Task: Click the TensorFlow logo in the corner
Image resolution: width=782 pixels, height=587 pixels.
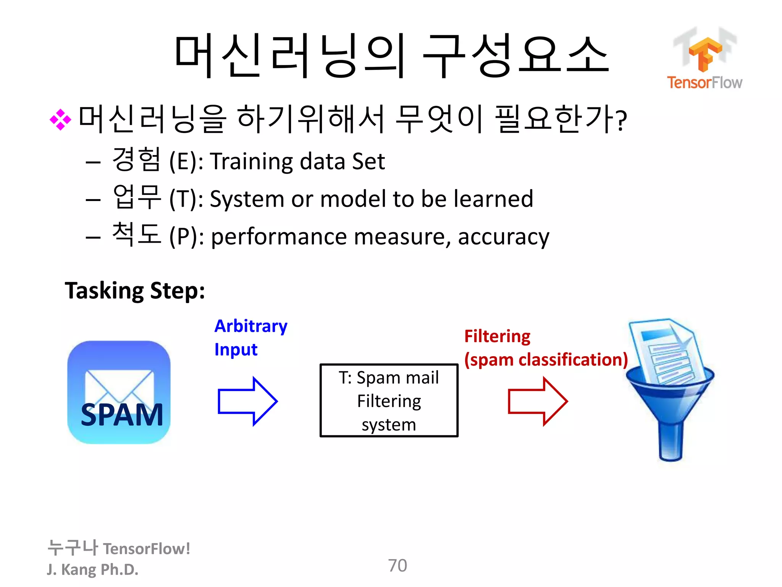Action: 704,57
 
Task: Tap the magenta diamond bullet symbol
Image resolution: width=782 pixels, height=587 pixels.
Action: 60,120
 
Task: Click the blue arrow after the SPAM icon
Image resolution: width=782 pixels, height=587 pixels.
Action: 247,401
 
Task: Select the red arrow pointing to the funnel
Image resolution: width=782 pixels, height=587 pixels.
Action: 538,401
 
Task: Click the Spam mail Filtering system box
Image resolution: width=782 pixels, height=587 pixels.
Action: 389,401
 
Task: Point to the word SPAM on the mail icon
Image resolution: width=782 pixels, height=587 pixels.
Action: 122,415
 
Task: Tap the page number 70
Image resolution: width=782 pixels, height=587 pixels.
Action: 397,566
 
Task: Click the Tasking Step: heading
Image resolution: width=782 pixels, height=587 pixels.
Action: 135,291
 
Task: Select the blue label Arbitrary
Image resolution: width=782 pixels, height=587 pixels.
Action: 251,326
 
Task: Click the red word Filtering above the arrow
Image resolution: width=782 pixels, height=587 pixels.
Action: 497,336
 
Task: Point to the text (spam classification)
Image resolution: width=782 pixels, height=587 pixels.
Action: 546,360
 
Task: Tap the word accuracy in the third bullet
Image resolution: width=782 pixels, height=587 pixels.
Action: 503,237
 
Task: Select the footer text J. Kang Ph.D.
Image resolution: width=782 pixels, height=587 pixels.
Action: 92,569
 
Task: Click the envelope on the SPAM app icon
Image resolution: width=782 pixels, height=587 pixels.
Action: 119,384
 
